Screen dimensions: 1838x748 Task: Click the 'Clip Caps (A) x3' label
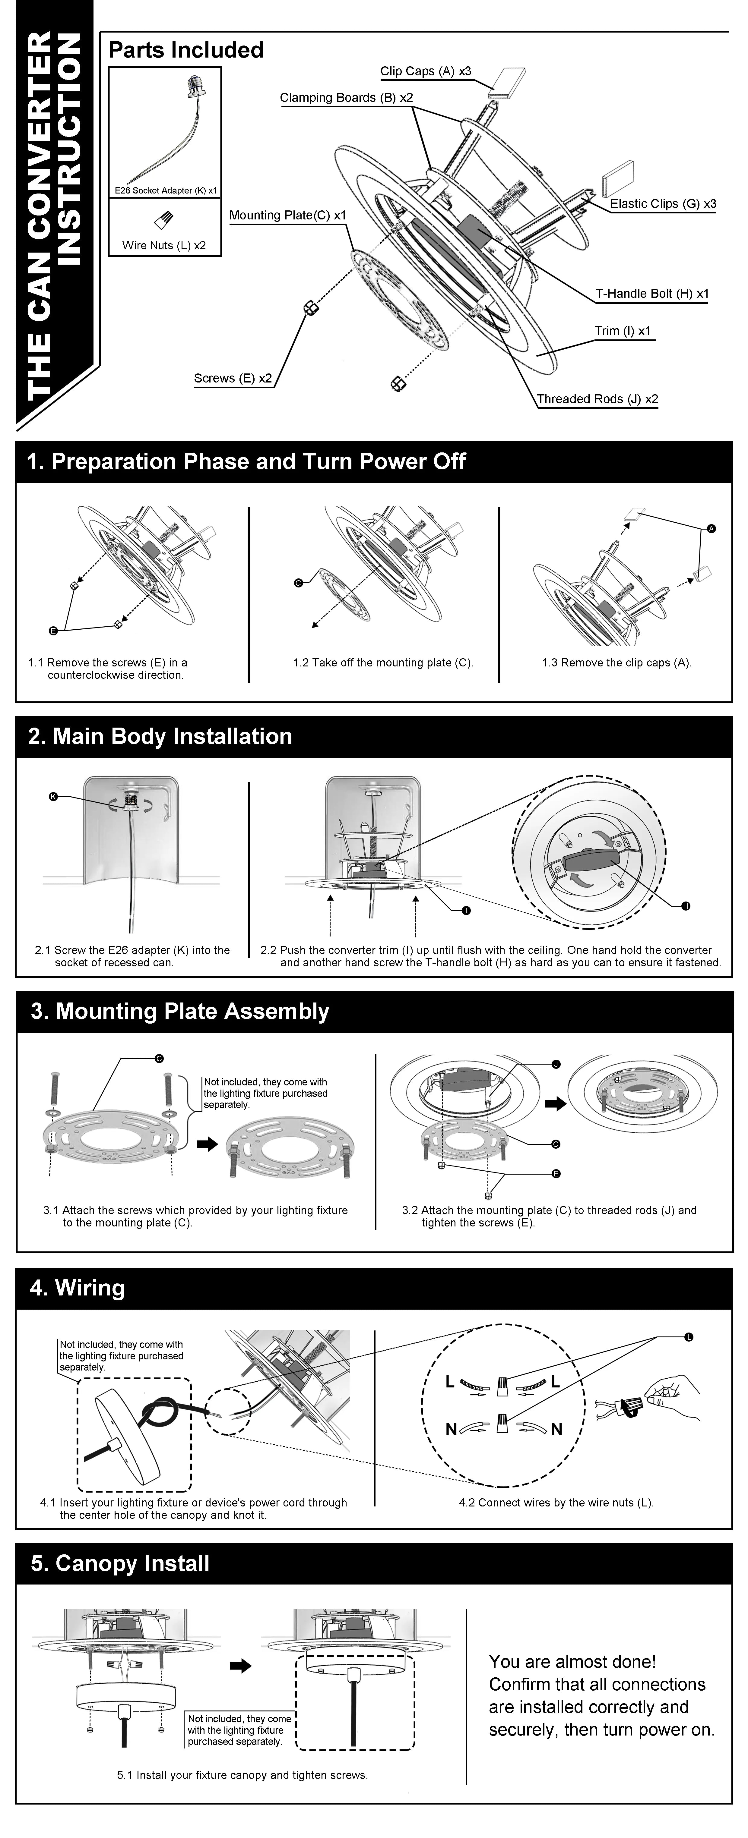tap(425, 71)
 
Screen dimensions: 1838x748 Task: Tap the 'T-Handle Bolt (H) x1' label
tap(652, 293)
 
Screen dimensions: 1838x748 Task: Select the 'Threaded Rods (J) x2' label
tap(597, 399)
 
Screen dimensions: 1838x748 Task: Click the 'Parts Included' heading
tap(185, 50)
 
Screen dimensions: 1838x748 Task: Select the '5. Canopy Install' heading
tap(120, 1563)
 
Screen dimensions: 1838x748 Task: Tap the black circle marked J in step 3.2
tap(556, 1064)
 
